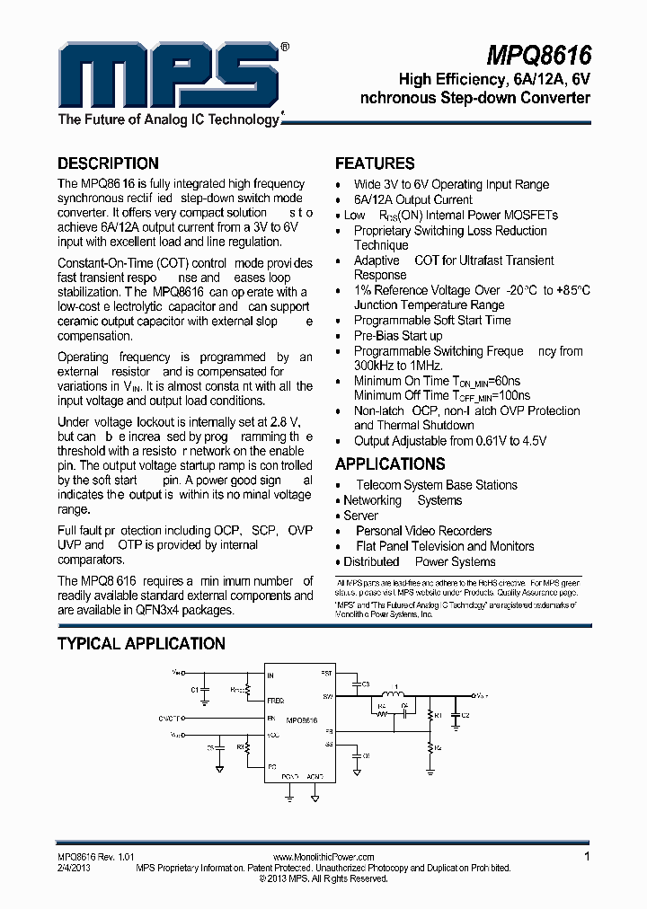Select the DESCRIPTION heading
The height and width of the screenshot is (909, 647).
[x=108, y=163]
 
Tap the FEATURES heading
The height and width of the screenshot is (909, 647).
[x=375, y=163]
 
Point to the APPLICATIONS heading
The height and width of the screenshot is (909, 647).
[x=390, y=464]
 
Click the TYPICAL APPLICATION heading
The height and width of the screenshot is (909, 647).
[x=141, y=644]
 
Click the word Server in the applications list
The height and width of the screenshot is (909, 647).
[x=360, y=516]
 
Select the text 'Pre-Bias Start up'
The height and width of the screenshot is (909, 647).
[x=398, y=335]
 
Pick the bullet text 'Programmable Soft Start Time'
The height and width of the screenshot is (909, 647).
[x=432, y=320]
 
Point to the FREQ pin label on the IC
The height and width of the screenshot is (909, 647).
[x=276, y=700]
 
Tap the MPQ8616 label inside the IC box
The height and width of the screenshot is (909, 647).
[x=301, y=720]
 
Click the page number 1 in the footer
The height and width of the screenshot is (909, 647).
[x=587, y=857]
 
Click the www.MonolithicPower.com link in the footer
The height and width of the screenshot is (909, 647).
[x=323, y=858]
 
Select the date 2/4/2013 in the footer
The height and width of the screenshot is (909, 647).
[x=75, y=869]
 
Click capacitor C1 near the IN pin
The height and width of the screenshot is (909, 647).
[x=202, y=690]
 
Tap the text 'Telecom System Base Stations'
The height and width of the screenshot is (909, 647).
[x=437, y=485]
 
